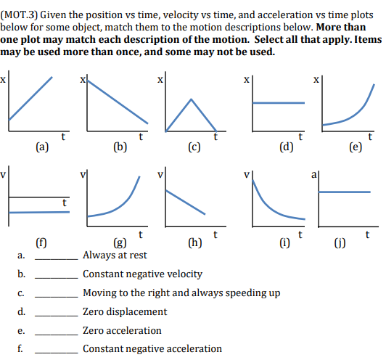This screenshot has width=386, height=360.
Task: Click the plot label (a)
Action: coord(42,145)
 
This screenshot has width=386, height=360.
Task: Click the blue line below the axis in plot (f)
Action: coord(40,212)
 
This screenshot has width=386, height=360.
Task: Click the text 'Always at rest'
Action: coord(115,255)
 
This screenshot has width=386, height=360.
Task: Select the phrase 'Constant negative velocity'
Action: coord(142,274)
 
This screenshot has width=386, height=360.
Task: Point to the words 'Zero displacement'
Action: coord(125,311)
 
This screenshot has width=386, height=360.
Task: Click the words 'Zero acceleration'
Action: coord(122,330)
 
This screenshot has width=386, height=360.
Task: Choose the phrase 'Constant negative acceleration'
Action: coord(152,348)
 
